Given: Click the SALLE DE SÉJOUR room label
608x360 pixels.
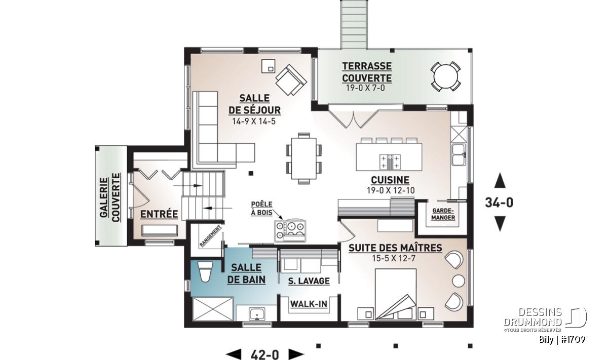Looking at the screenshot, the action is click(254, 104).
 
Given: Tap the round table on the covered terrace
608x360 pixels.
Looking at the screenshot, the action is click(445, 76).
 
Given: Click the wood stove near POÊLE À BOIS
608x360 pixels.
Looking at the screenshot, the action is click(290, 231).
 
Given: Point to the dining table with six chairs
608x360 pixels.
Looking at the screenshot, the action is click(303, 158).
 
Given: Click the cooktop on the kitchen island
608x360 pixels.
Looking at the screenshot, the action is click(390, 162).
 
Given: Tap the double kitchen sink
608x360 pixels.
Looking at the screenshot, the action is click(459, 154).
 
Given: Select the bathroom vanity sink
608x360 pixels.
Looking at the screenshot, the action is click(257, 314).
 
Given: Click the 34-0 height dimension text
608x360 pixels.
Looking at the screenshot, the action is click(499, 203).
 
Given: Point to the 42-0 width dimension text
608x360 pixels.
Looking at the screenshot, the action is click(264, 354).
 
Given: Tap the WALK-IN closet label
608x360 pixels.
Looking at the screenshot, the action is click(309, 304).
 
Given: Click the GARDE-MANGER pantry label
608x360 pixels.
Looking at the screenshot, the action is click(443, 214).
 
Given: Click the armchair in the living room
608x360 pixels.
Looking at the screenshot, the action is click(291, 80).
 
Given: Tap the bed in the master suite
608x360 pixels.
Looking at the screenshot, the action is click(396, 294).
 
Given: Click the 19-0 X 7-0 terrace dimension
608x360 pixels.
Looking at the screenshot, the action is click(365, 88).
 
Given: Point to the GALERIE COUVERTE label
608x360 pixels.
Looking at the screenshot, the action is click(110, 197).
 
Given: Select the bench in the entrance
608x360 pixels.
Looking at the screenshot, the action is click(160, 230).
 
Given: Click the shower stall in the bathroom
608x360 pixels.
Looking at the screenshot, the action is click(213, 309).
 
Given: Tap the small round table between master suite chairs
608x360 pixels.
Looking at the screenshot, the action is click(459, 281).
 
